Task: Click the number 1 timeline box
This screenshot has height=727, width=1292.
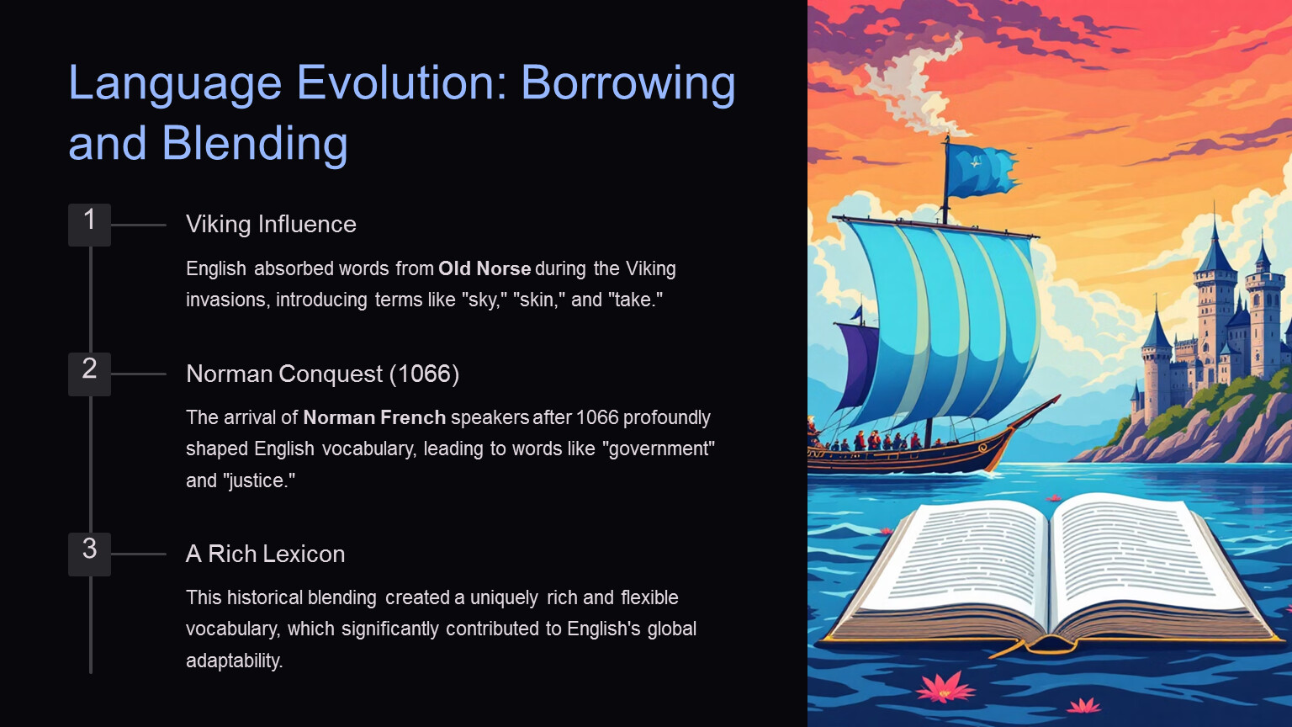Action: click(89, 225)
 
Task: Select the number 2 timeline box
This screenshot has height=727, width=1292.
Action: click(89, 374)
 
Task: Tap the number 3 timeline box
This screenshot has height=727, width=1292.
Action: click(89, 555)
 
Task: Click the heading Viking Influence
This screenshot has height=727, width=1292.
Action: click(271, 225)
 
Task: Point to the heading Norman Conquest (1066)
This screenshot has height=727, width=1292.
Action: click(322, 374)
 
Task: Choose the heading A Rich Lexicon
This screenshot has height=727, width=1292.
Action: click(265, 554)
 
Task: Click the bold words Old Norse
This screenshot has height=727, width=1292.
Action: click(484, 269)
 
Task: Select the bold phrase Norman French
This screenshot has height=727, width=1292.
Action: click(374, 417)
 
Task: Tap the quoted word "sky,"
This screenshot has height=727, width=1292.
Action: click(484, 300)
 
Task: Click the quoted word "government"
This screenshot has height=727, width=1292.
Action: click(662, 448)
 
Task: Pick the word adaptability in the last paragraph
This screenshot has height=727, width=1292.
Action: click(234, 661)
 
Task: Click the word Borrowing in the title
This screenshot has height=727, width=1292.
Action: click(628, 83)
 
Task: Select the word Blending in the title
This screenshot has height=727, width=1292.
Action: click(254, 143)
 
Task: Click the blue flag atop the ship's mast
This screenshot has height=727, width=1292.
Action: click(982, 170)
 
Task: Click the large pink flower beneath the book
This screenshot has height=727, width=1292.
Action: click(945, 687)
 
